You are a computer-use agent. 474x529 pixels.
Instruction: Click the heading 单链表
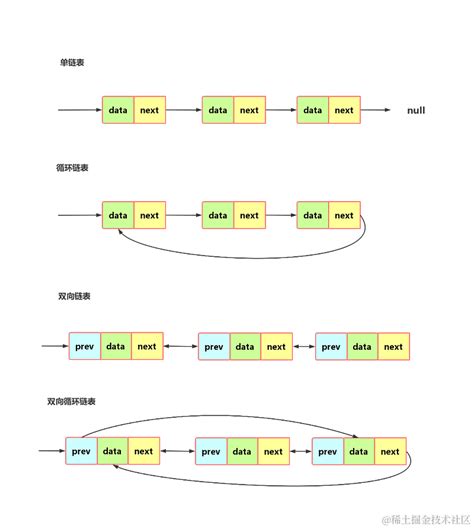click(71, 63)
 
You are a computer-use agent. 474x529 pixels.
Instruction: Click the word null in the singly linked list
click(416, 110)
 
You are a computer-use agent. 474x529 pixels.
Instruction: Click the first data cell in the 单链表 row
click(118, 110)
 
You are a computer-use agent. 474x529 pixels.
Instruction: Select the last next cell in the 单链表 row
click(344, 110)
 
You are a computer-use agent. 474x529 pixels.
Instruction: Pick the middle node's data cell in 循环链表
click(218, 215)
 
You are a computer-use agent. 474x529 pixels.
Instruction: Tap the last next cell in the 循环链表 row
click(344, 215)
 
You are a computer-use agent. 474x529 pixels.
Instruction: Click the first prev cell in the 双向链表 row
click(84, 347)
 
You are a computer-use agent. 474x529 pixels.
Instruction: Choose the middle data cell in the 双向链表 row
click(245, 347)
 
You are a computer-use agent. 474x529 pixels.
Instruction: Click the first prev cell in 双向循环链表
click(82, 452)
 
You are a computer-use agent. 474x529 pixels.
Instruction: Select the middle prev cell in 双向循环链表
click(211, 452)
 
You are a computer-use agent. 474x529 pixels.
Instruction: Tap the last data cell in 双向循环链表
click(359, 452)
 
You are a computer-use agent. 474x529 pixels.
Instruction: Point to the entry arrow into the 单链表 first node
click(80, 110)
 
